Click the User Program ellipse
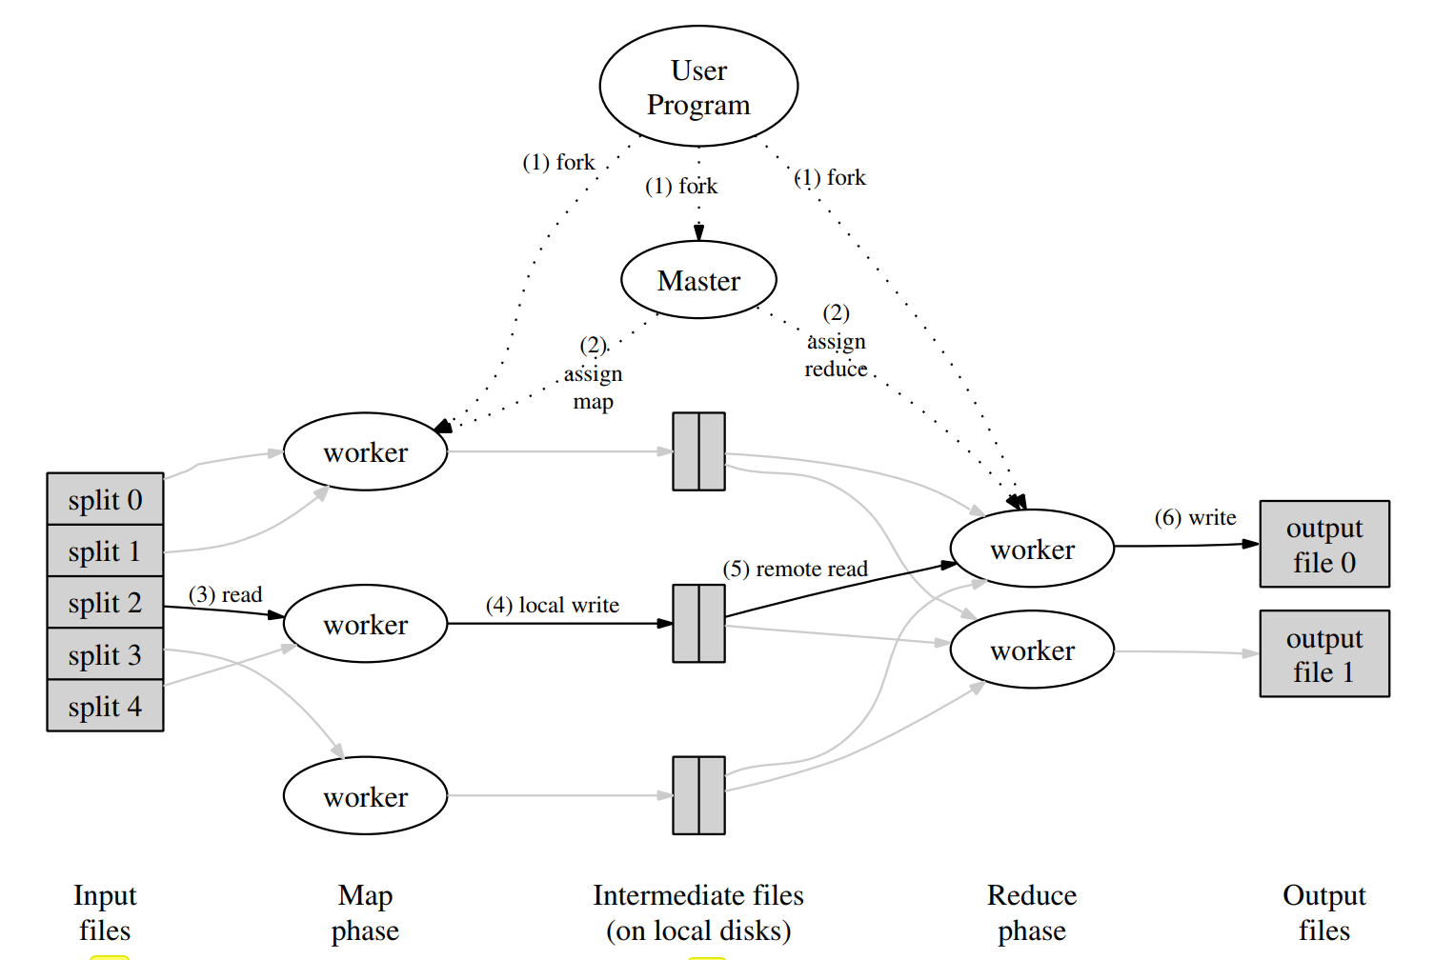[698, 86]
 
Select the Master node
[698, 280]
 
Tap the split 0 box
[105, 499]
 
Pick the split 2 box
[105, 602]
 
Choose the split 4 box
[105, 706]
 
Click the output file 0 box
[1324, 544]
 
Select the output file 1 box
[1324, 653]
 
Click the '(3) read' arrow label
[225, 594]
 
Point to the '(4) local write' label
[553, 605]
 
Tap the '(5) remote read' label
[795, 569]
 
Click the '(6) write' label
[1195, 517]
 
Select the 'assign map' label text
[593, 388]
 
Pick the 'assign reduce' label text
[836, 354]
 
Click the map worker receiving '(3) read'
[366, 624]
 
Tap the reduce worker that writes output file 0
[1032, 549]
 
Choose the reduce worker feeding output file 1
[1032, 650]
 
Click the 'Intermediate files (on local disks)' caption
[698, 912]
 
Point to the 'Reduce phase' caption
[1032, 912]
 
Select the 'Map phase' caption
[365, 912]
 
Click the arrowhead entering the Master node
[698, 232]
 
